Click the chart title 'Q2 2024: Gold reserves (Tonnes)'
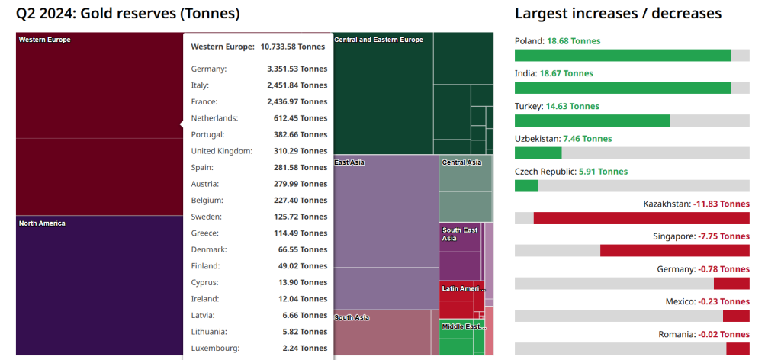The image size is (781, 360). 128,14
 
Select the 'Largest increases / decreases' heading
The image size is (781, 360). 618,14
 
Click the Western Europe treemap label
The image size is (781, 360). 44,40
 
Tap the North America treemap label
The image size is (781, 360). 42,223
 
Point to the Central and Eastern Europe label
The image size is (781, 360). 378,40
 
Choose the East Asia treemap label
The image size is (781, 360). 349,162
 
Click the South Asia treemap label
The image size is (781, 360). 352,317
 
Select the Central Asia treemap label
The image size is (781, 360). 461,162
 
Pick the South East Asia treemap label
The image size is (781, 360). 460,234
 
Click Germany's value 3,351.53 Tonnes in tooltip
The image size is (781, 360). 297,69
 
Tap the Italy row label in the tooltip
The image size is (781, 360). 200,85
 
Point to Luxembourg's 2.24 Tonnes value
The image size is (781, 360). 301,348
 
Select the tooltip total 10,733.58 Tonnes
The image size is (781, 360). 293,47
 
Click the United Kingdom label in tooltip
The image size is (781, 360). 221,151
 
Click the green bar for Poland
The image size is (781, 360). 622,55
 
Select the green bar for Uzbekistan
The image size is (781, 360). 538,153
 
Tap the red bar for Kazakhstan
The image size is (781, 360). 641,218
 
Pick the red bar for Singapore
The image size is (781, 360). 674,250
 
